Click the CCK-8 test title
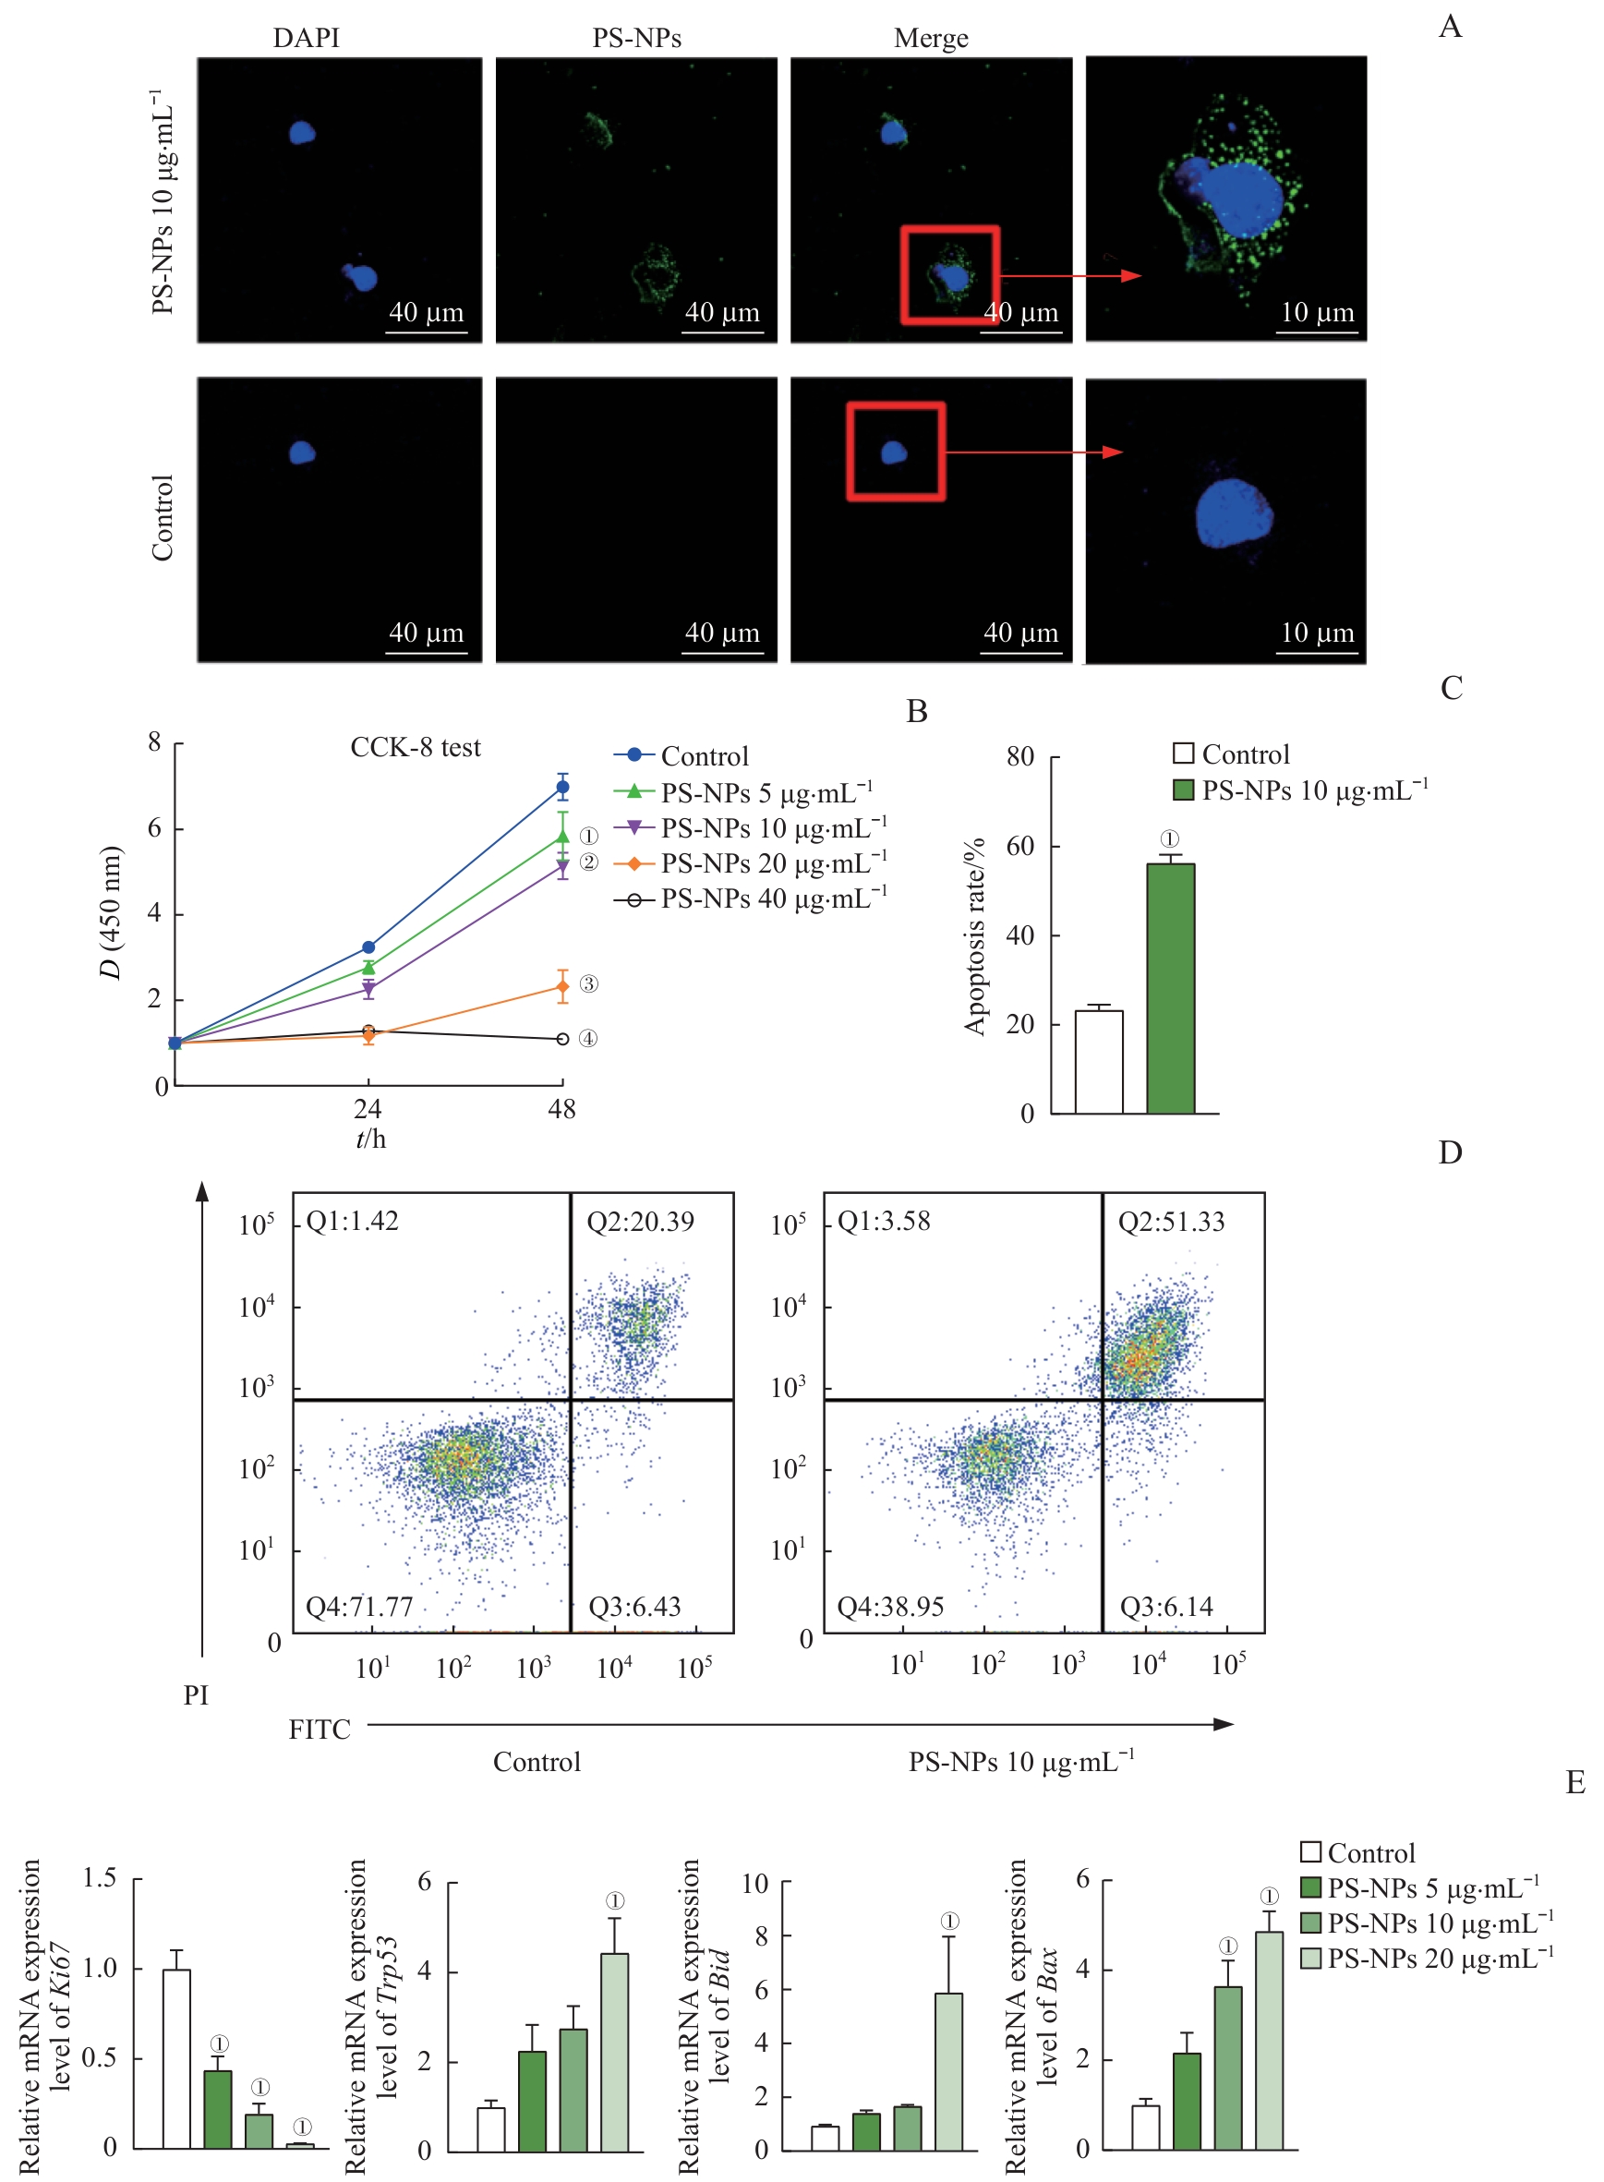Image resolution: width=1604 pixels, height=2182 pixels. (415, 747)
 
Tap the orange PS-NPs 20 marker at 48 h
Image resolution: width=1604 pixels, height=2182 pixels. (562, 987)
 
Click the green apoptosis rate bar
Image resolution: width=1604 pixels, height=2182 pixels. (1170, 988)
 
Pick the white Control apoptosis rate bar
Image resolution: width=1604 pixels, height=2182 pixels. (1098, 1062)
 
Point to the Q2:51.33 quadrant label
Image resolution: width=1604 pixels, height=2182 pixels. (1171, 1221)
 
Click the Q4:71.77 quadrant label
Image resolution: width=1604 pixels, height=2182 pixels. (359, 1607)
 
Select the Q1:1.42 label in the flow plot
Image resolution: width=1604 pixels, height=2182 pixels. (353, 1220)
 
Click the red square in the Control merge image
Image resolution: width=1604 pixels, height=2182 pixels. (895, 452)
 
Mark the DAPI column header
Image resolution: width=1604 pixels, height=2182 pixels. (306, 38)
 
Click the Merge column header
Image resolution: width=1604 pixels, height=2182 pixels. (930, 38)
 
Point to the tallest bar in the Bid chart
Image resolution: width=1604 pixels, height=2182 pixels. (947, 2071)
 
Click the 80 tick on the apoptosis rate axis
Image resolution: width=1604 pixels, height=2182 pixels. (1019, 756)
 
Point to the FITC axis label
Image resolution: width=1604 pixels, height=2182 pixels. (320, 1729)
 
